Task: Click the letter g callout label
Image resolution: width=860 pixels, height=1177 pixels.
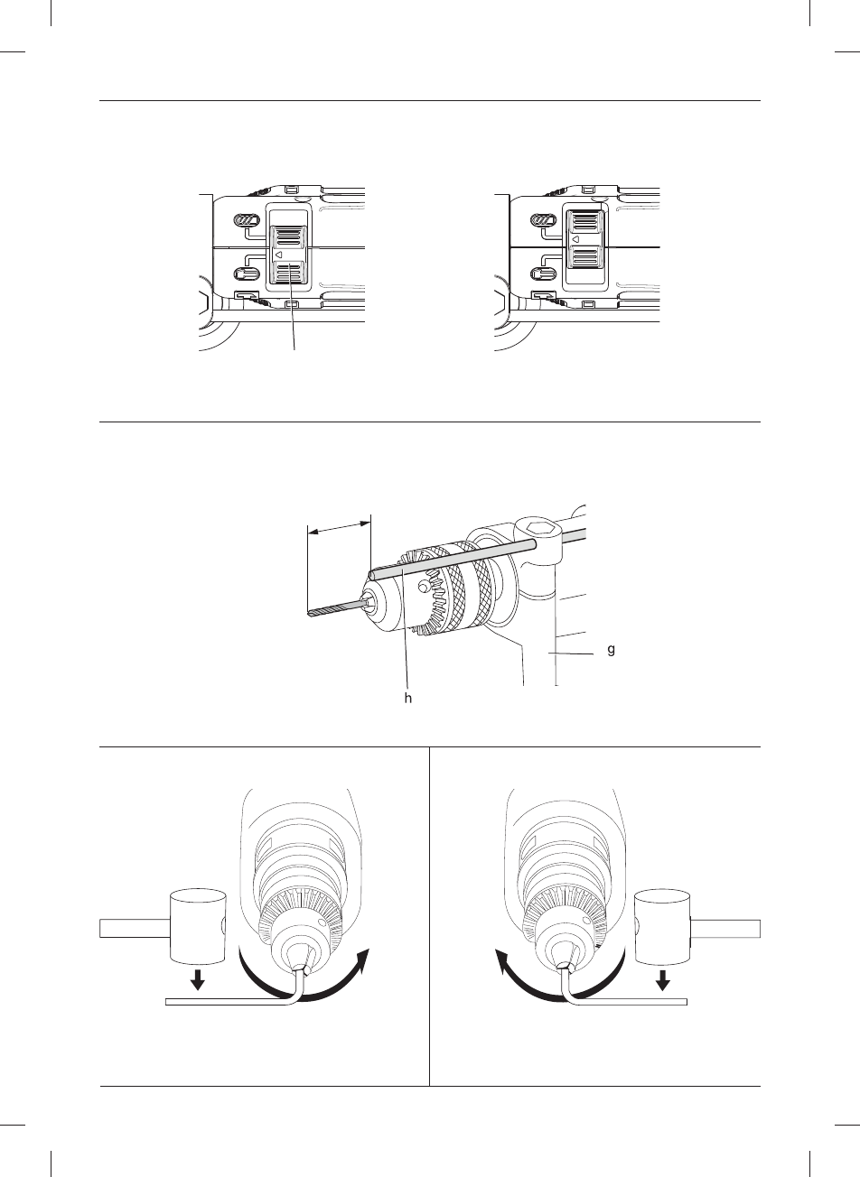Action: click(x=612, y=649)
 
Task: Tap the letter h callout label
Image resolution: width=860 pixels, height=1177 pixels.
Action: click(x=407, y=697)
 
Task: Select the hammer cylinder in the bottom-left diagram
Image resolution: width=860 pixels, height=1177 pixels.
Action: click(x=197, y=925)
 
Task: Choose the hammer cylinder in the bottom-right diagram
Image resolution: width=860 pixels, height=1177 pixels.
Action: click(x=663, y=925)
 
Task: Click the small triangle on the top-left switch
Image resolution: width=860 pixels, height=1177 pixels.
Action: click(x=279, y=255)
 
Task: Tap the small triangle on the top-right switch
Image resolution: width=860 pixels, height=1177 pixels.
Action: click(x=576, y=239)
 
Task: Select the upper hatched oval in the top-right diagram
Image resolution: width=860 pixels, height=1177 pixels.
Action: click(x=542, y=221)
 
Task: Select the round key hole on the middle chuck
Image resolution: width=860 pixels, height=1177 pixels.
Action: click(x=422, y=588)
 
